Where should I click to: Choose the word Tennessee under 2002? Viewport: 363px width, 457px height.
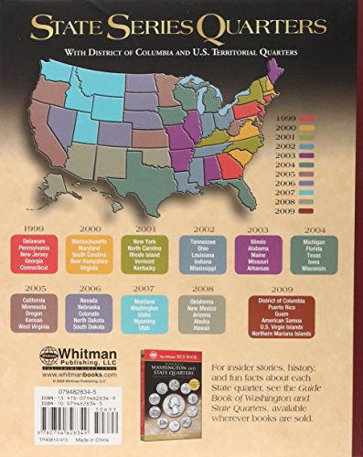204,239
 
